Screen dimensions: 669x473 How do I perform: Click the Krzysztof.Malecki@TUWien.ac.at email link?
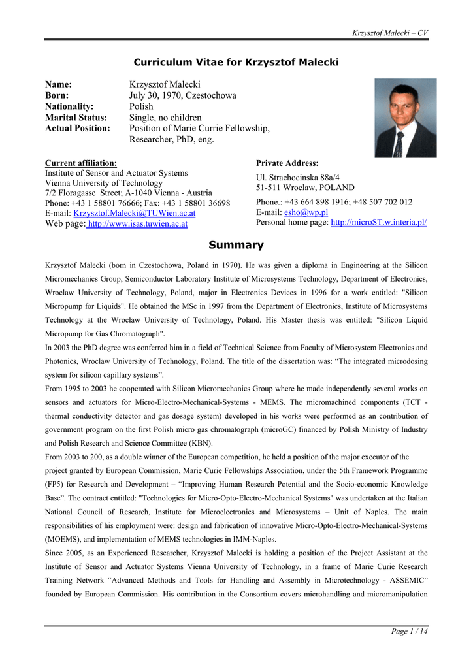[x=135, y=213]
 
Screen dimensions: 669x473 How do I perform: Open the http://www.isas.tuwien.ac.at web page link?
[x=137, y=223]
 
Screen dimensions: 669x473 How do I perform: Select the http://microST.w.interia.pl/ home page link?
[x=379, y=223]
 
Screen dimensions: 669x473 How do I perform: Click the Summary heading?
[x=236, y=246]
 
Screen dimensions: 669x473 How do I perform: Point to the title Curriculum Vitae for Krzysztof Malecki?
[x=236, y=63]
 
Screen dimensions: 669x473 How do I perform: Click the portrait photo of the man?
[x=405, y=118]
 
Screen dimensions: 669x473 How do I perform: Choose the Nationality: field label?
[x=69, y=106]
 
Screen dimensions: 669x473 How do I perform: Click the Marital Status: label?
[x=76, y=118]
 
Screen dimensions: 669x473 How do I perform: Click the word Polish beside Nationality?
[x=141, y=106]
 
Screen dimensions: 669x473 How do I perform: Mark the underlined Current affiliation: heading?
[x=81, y=163]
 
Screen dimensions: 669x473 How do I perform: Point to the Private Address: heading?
[x=287, y=163]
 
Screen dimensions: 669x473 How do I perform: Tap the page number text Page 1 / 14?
[x=409, y=631]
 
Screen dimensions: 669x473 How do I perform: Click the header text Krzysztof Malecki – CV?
[x=390, y=33]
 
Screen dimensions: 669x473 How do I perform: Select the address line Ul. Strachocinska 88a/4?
[x=298, y=177]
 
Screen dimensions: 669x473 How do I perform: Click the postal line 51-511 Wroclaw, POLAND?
[x=305, y=188]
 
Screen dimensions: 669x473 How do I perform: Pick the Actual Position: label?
[x=77, y=129]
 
